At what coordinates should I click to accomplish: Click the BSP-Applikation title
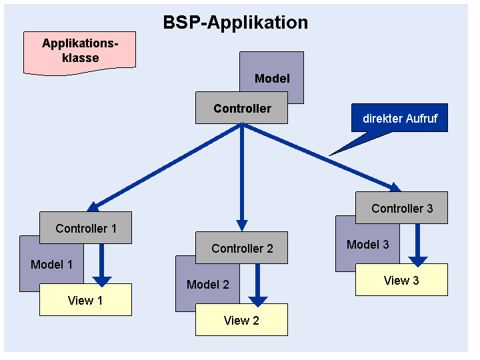click(235, 23)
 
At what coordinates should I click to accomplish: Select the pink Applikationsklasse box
click(79, 53)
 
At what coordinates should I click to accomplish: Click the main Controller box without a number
click(241, 108)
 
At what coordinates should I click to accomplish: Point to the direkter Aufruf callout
click(399, 118)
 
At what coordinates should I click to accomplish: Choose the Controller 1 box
click(86, 228)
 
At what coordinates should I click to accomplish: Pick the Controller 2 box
click(241, 247)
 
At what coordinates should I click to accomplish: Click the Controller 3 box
click(401, 208)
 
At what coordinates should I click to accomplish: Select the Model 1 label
click(51, 265)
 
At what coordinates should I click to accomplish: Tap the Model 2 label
click(208, 285)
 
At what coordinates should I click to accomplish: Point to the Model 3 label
click(367, 245)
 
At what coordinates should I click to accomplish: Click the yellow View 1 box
click(86, 300)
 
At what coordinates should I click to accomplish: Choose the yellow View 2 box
click(241, 320)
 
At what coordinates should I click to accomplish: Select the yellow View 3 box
click(401, 279)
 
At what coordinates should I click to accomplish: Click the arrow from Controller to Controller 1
click(165, 167)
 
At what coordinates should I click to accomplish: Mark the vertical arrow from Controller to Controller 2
click(242, 177)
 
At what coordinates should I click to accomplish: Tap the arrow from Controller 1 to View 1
click(102, 265)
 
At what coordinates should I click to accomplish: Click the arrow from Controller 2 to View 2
click(258, 285)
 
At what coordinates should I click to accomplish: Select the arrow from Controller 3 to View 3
click(418, 245)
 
